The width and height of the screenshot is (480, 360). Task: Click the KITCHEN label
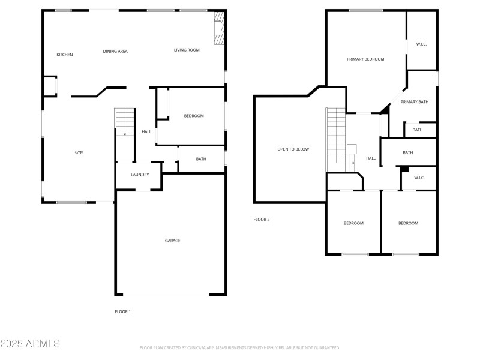pos(65,55)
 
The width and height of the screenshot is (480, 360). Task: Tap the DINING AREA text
pos(115,52)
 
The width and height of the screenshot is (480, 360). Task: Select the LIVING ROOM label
pos(187,50)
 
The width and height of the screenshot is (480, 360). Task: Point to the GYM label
pos(79,152)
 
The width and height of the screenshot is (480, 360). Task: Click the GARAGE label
pos(173,241)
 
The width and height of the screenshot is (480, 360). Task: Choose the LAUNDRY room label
pos(140,175)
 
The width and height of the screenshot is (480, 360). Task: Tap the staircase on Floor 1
pos(125,122)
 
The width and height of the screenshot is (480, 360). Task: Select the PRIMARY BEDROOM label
pos(365,59)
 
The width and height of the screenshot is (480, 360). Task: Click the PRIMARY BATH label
pos(415,102)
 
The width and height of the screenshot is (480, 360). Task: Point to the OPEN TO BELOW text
pos(293,149)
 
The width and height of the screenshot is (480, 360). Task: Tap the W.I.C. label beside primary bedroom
pos(422,44)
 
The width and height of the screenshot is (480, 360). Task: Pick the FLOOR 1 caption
pos(122,311)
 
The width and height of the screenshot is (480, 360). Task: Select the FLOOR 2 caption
pos(262,220)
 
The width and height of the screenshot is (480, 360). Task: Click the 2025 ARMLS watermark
pos(30,344)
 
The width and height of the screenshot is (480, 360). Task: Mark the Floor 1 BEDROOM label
pos(194,116)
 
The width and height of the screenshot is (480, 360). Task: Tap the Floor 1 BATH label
pos(201,159)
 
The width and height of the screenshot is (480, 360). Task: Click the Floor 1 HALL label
pos(146,132)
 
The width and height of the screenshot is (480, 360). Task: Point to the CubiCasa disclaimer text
pos(240,347)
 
